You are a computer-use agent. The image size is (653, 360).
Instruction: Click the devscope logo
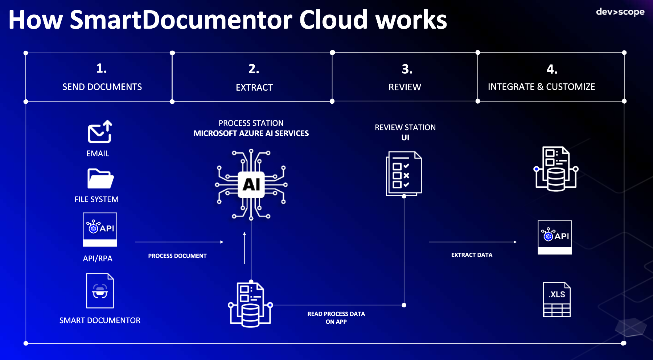pos(620,12)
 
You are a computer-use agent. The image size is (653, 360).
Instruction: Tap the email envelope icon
pos(100,132)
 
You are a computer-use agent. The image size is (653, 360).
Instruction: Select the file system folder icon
pos(100,178)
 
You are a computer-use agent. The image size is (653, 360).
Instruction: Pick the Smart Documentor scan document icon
pos(100,291)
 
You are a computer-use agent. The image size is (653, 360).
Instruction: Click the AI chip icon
pos(251,185)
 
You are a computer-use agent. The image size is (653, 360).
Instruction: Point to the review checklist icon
pos(404,173)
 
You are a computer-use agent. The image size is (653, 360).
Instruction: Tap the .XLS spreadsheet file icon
pos(557,299)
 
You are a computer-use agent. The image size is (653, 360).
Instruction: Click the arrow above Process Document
pos(179,242)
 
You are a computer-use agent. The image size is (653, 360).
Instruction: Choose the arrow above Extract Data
pos(473,242)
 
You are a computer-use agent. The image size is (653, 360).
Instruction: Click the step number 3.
pos(407,69)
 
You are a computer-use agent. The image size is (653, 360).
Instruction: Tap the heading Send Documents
pos(102,87)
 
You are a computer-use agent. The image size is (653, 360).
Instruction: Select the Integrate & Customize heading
pos(541,87)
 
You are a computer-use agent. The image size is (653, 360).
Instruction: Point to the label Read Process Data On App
pos(336,318)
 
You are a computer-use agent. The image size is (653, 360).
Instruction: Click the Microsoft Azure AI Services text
pos(251,133)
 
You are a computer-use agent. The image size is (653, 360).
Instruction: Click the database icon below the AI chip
pos(250,305)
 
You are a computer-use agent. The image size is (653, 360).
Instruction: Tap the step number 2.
pos(254,69)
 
